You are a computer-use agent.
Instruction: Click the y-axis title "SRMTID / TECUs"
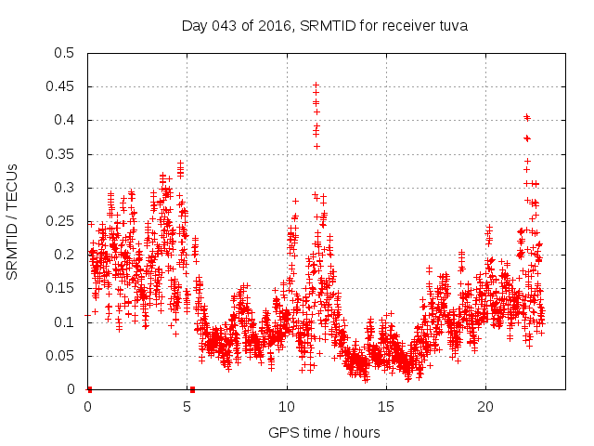tap(12, 221)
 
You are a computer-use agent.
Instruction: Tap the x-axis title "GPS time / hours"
tap(324, 432)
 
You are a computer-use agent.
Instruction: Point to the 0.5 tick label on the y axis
tap(64, 53)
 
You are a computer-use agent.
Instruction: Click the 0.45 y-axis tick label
tap(60, 86)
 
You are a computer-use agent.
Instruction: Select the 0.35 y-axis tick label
tap(60, 154)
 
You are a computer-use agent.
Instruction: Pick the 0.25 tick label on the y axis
tap(60, 221)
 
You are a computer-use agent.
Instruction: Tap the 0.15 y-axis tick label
tap(60, 288)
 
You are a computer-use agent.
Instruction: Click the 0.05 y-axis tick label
tap(60, 356)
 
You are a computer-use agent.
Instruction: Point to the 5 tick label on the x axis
tap(187, 407)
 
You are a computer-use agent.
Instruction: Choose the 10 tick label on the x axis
tap(287, 407)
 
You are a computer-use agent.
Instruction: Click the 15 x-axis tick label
tap(386, 407)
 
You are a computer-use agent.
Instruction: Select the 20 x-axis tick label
tap(485, 407)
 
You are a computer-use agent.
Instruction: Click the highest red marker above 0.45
tap(316, 85)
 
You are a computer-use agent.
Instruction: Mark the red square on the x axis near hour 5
tap(192, 389)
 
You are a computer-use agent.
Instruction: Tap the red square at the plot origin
tap(89, 389)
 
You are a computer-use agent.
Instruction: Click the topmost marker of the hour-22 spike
tap(526, 117)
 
